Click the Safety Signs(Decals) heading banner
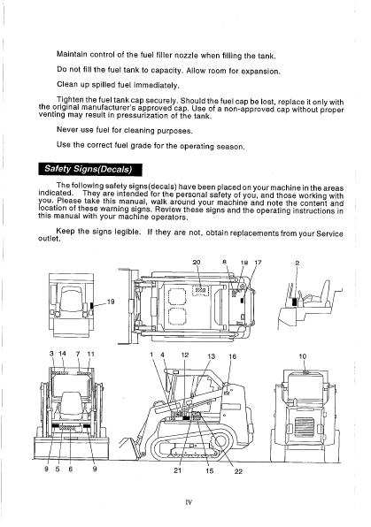[100, 169]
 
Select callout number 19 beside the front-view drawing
[111, 302]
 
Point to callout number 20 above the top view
[197, 263]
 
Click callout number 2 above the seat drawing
[297, 263]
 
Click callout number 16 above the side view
[233, 355]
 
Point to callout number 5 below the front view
[58, 469]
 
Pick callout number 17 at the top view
[258, 263]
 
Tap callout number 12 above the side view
[184, 354]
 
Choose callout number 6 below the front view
[70, 469]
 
